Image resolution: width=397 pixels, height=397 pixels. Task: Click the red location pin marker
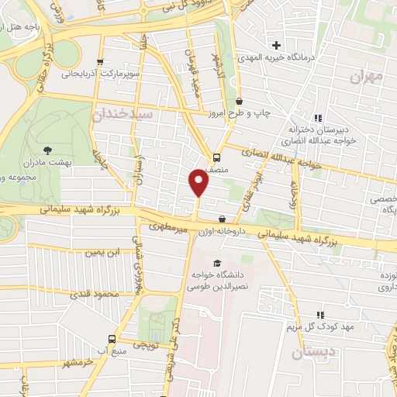[x=199, y=183]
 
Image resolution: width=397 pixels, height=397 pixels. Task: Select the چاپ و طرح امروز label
[x=263, y=112]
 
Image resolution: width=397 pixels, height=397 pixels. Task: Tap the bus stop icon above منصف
[x=219, y=153]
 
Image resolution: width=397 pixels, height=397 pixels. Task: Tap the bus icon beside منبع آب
[x=112, y=339]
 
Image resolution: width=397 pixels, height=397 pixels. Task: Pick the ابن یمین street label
[x=104, y=253]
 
